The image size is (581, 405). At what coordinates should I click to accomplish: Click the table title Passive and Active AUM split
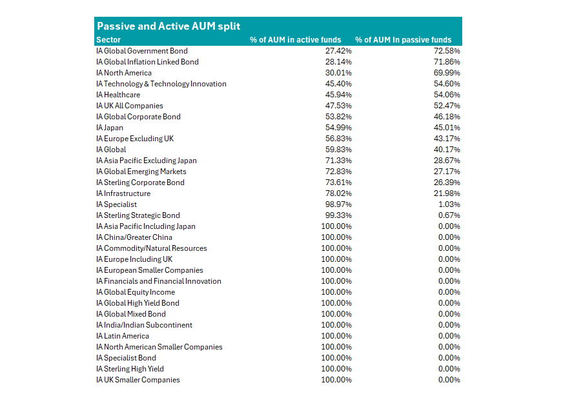(168, 26)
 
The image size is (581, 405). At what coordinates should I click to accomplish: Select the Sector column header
(108, 39)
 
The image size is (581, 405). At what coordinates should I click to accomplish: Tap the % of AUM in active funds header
(295, 39)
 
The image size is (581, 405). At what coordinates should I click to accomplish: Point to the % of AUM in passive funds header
(403, 39)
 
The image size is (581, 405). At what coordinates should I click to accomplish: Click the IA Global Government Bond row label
(141, 50)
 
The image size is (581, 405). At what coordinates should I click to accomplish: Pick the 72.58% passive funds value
(447, 50)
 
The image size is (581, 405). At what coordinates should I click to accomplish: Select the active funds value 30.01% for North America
(338, 72)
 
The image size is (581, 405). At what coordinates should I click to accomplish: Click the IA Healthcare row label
(118, 94)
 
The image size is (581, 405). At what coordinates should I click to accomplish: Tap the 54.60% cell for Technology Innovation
(447, 83)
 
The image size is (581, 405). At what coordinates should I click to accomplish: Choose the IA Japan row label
(109, 127)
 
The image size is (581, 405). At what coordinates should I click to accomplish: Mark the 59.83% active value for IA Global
(338, 149)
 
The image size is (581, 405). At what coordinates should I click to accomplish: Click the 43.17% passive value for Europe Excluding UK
(447, 138)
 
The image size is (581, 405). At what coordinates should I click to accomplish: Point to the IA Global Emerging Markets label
(141, 171)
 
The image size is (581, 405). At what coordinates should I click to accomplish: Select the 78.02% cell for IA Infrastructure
(338, 193)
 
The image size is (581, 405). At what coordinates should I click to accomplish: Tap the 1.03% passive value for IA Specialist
(449, 204)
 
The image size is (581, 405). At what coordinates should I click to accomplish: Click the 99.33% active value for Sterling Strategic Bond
(338, 215)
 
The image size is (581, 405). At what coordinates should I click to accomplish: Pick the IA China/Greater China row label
(134, 237)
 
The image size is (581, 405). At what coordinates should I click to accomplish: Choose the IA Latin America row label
(122, 335)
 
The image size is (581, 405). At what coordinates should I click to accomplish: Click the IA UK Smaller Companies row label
(138, 379)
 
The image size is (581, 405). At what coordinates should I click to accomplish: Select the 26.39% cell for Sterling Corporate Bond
(447, 182)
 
